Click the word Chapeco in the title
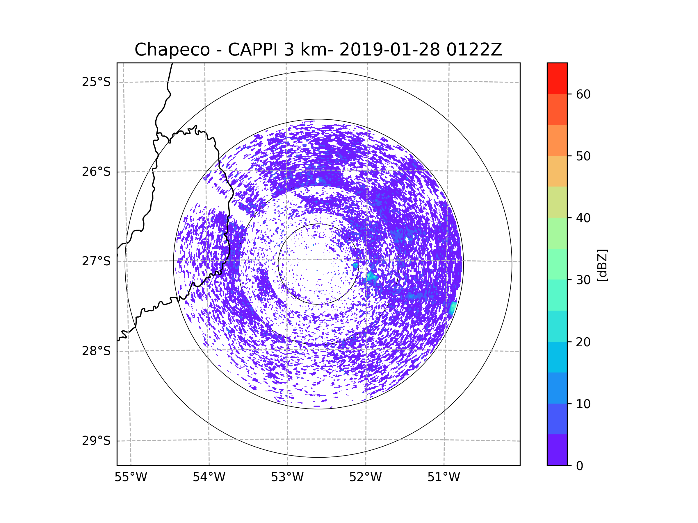[x=172, y=50]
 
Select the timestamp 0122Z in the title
[x=474, y=50]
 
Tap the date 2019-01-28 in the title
[x=389, y=50]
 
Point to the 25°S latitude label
[x=96, y=82]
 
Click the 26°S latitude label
[x=96, y=172]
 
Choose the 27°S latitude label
[x=96, y=261]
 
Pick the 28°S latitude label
[x=96, y=351]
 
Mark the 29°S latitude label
[x=96, y=441]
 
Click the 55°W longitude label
[x=131, y=477]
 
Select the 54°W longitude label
[x=209, y=477]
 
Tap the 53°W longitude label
[x=287, y=477]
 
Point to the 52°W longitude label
[x=365, y=477]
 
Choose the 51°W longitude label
[x=444, y=477]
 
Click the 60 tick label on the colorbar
[x=583, y=94]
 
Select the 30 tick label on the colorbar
[x=583, y=280]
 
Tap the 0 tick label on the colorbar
[x=580, y=466]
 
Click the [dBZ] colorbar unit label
[x=602, y=265]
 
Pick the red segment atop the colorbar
[x=557, y=78]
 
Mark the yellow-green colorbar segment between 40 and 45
[x=557, y=202]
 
